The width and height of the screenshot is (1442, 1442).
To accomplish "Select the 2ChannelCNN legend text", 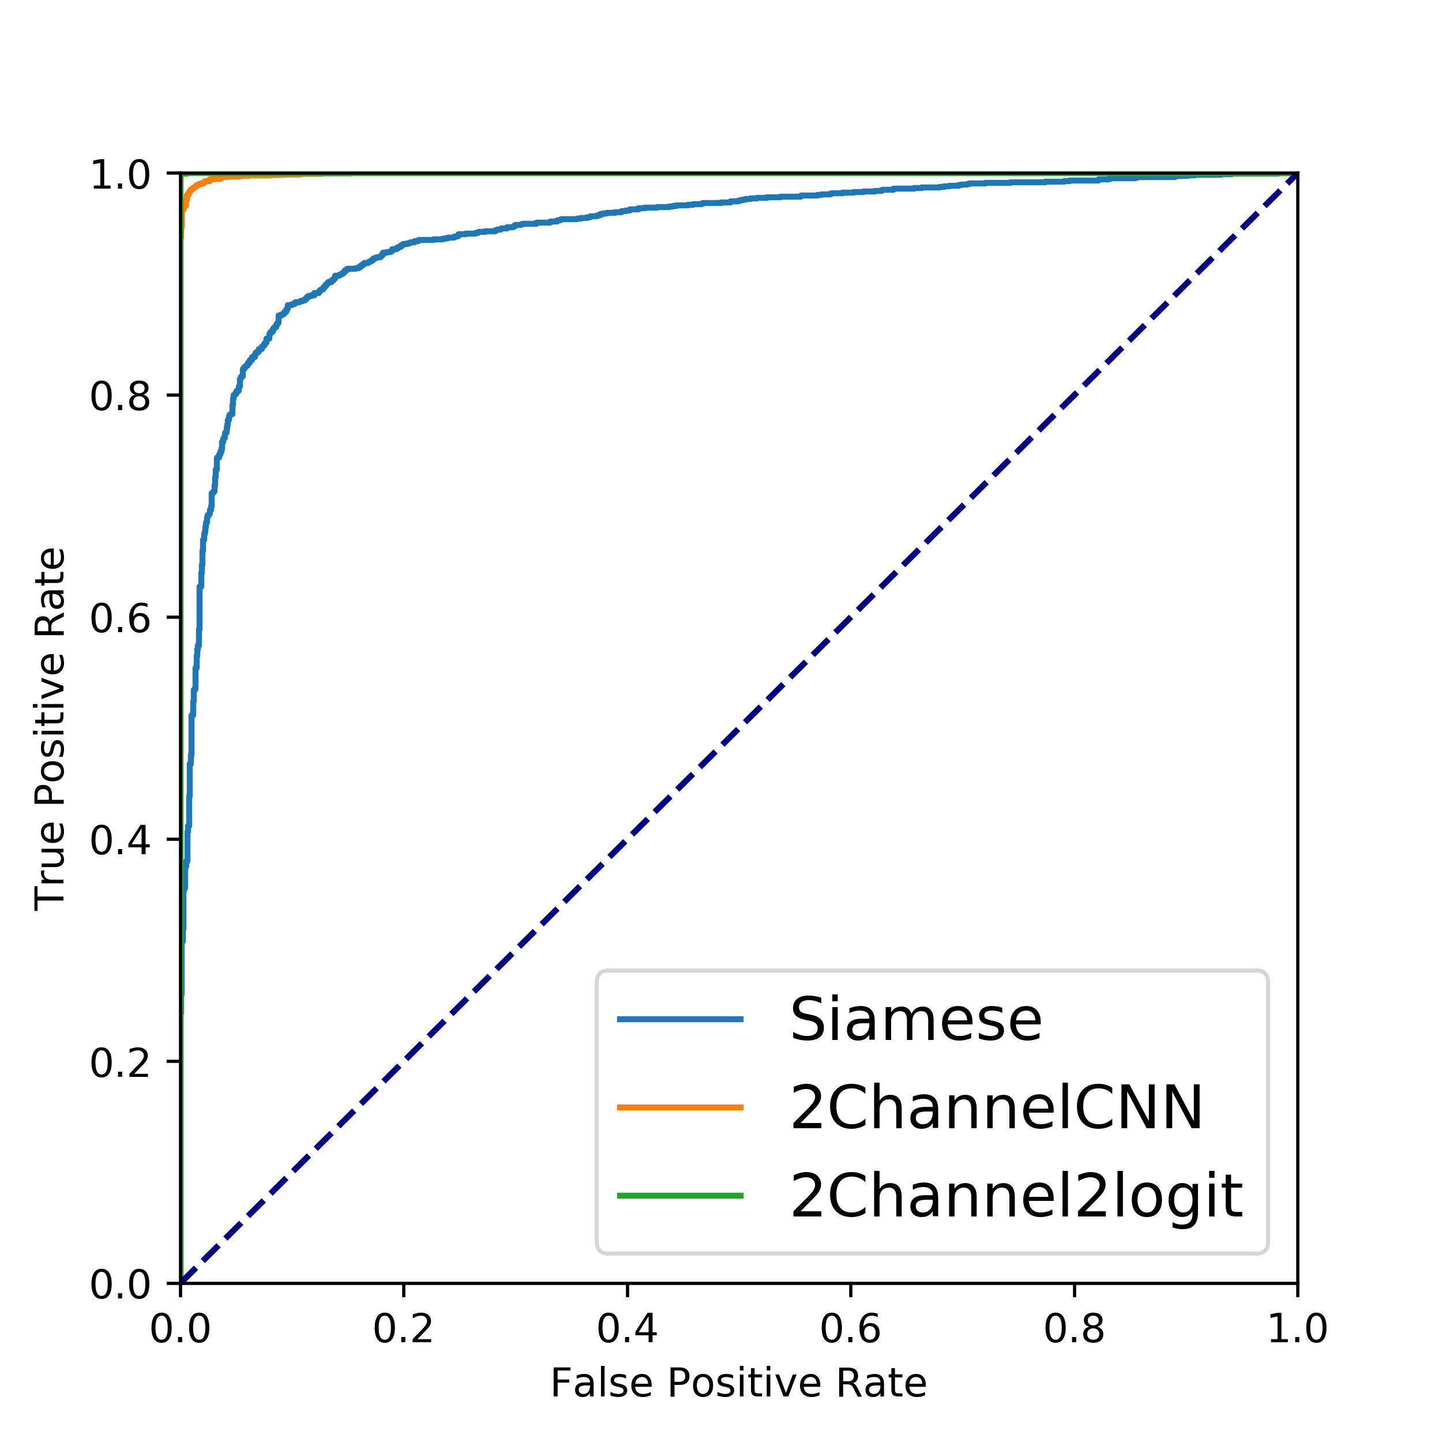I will tap(996, 1107).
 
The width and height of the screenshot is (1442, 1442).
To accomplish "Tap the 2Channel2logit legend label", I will tap(1016, 1196).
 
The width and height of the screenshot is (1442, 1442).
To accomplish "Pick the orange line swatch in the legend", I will tap(680, 1107).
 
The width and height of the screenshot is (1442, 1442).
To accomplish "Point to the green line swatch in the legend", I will tap(680, 1196).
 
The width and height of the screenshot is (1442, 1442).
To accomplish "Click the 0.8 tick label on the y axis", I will tap(120, 396).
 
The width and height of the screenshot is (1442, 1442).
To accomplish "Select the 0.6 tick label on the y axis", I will tap(120, 619).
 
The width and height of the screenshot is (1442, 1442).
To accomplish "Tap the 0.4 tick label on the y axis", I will tap(120, 840).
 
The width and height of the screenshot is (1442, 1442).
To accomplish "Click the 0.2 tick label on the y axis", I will tap(120, 1063).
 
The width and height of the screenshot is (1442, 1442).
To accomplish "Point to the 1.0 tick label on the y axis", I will tap(120, 175).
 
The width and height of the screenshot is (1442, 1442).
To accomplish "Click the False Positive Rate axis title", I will tap(738, 1383).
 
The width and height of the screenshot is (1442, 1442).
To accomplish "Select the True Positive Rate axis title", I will tap(51, 729).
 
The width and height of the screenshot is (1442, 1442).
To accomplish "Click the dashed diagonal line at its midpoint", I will tap(739, 729).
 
